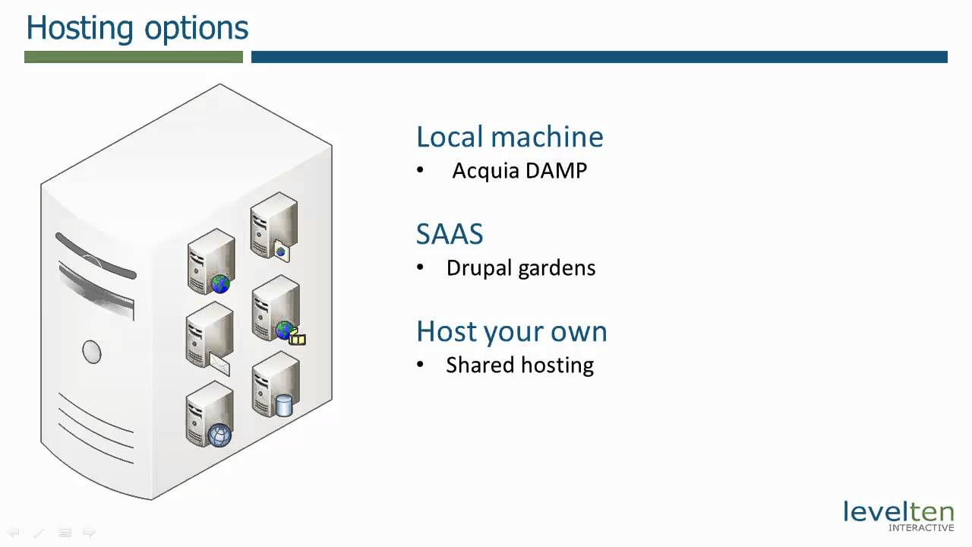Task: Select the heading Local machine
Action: pos(510,137)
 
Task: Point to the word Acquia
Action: pos(484,171)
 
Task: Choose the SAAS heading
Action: pos(450,234)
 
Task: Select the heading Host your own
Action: pos(511,331)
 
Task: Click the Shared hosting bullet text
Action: pos(519,365)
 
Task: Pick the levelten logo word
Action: pos(898,511)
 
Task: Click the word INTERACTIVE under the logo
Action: pos(921,527)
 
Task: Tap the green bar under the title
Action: pos(134,57)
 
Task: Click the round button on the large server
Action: pos(92,352)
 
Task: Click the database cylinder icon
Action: pos(284,405)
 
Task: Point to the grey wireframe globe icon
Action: pos(219,435)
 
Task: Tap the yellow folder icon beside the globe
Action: pos(298,339)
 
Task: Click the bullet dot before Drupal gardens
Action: pos(421,268)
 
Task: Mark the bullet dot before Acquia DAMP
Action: pos(421,171)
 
